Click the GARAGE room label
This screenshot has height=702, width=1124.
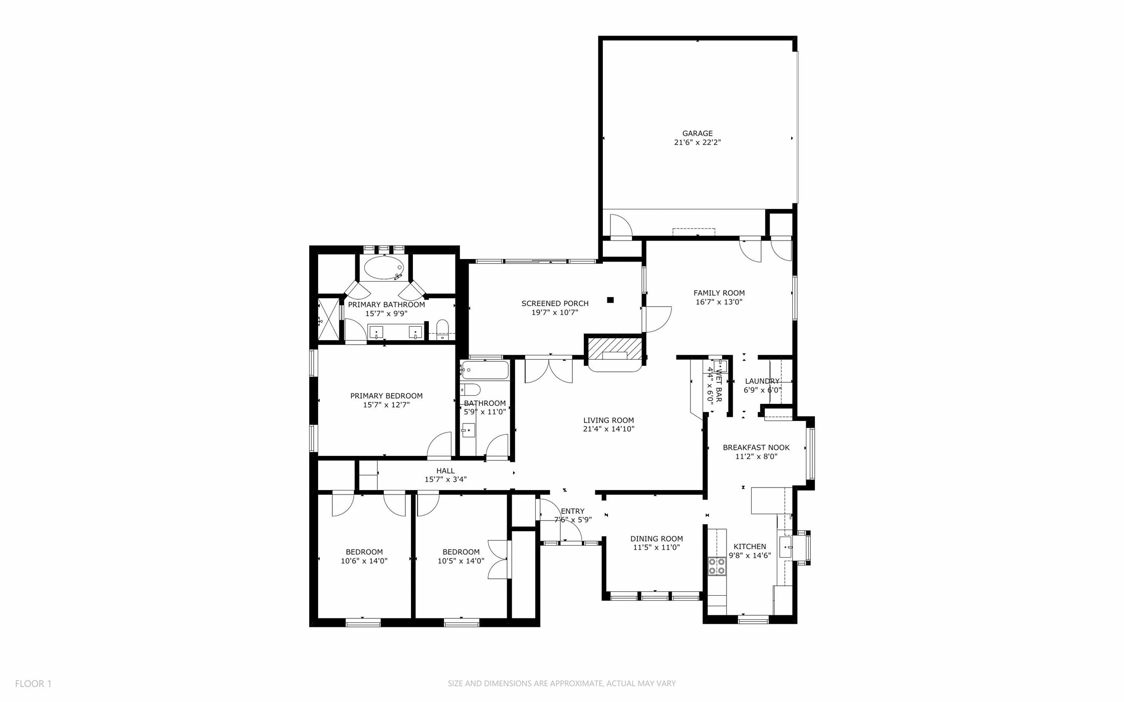(697, 133)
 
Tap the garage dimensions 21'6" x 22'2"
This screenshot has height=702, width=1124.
(697, 142)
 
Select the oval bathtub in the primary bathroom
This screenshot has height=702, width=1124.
(383, 268)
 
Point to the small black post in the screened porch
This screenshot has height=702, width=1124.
(610, 300)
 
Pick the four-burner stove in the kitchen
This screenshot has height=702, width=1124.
(717, 566)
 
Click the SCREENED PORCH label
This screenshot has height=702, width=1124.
(555, 303)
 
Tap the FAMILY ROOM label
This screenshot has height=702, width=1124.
(719, 293)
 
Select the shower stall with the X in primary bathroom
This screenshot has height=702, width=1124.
(328, 319)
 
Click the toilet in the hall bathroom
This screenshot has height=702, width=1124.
(470, 389)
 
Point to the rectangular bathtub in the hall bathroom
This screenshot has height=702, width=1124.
(485, 370)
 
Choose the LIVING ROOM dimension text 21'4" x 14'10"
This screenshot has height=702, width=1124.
(608, 429)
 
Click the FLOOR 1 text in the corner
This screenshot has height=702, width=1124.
(33, 683)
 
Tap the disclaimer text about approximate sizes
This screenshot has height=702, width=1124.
(561, 683)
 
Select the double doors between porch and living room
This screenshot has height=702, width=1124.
(549, 370)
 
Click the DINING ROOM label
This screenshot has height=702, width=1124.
(656, 539)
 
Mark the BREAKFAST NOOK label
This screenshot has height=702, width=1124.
(756, 447)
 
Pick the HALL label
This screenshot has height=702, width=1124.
(445, 471)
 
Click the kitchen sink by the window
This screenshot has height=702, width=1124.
(785, 547)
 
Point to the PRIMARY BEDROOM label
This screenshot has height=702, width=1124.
(386, 396)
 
